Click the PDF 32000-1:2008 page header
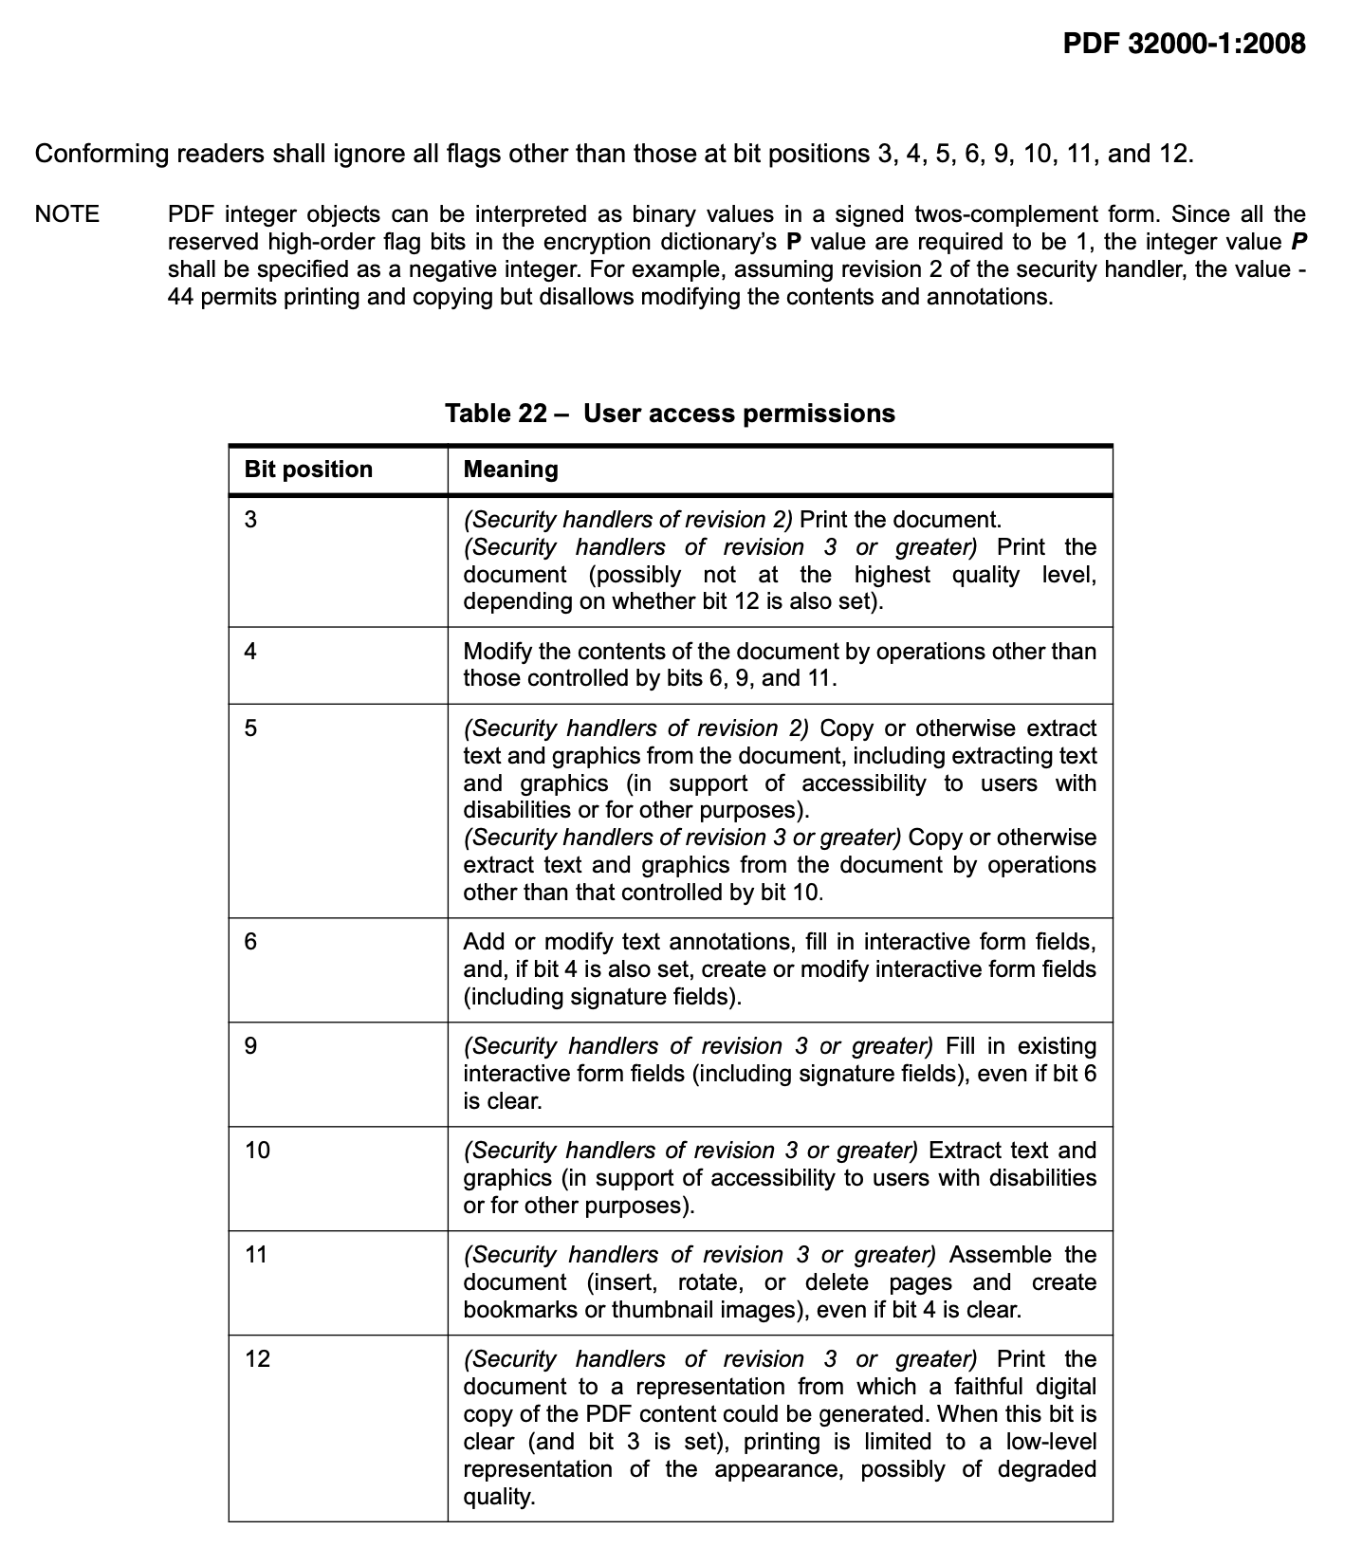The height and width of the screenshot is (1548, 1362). (x=1184, y=44)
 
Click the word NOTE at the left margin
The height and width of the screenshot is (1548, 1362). (x=66, y=214)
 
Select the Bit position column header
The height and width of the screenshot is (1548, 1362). (x=308, y=470)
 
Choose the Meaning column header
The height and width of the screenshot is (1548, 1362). (x=510, y=470)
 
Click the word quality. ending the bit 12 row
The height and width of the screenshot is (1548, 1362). (x=499, y=1497)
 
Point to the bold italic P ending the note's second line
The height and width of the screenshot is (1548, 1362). (x=1298, y=242)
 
